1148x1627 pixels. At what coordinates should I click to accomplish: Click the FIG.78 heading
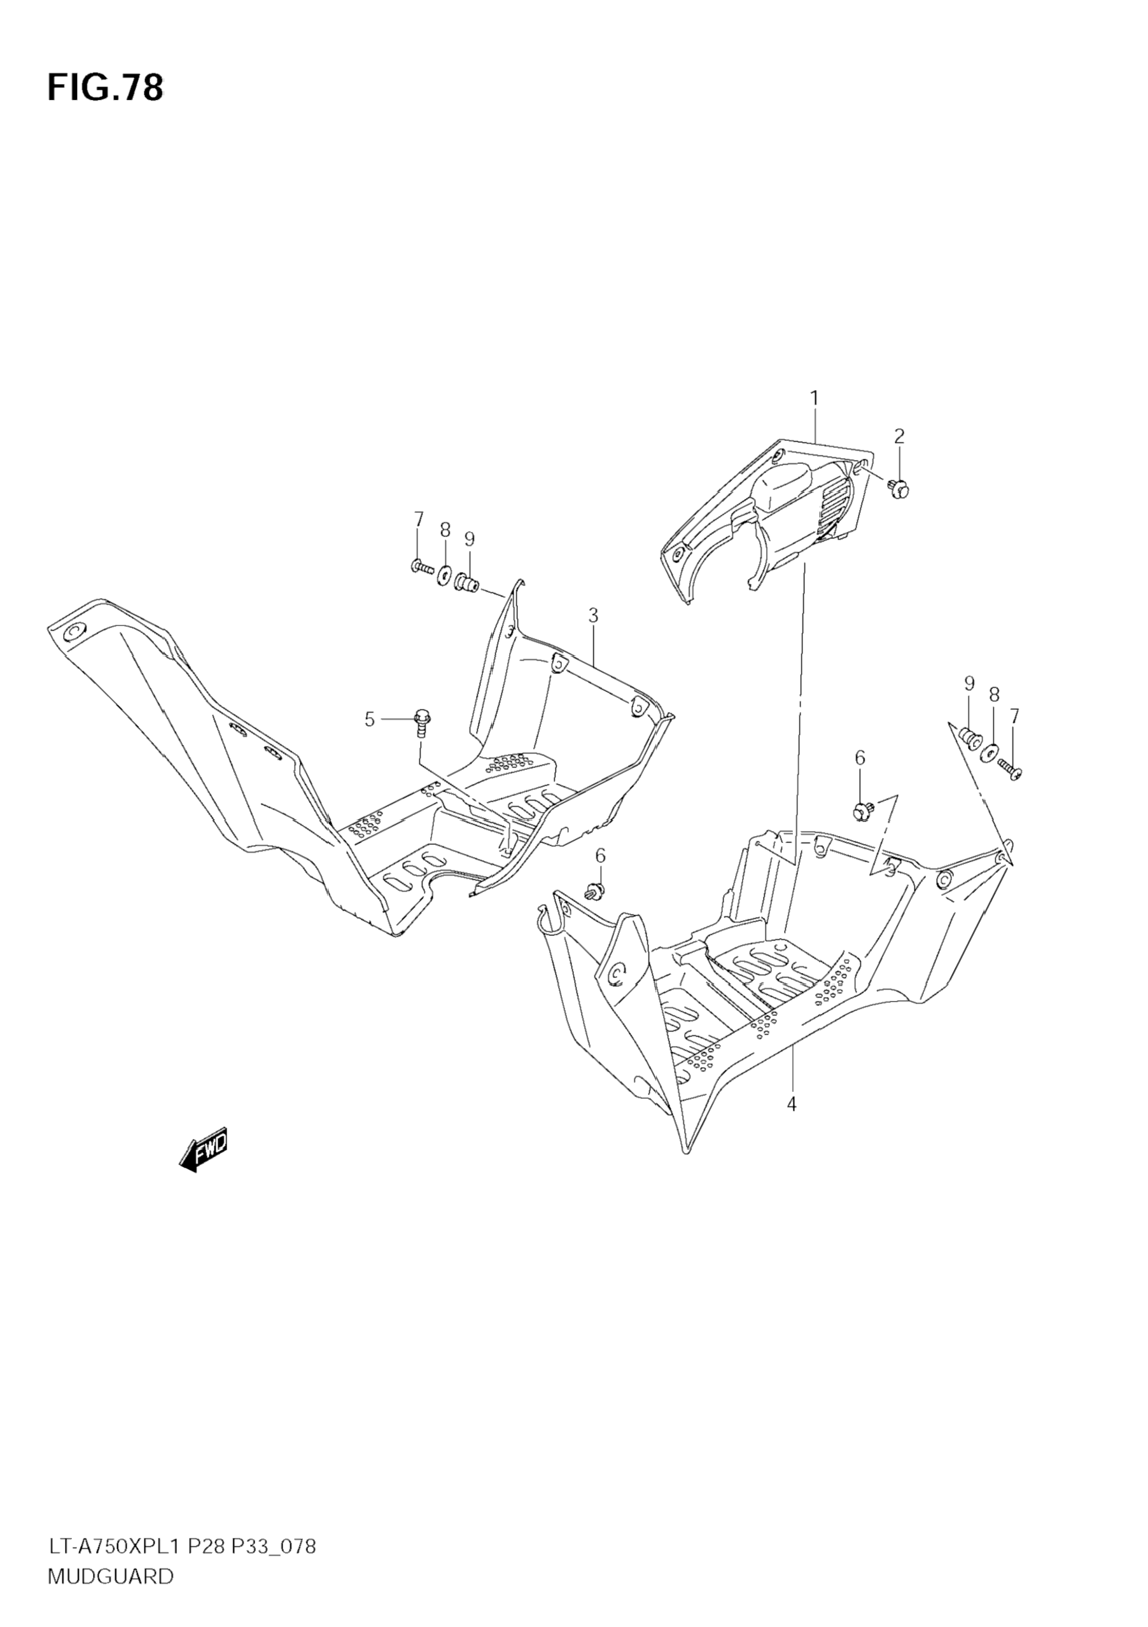click(105, 88)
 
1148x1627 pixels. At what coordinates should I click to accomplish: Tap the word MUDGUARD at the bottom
click(110, 1591)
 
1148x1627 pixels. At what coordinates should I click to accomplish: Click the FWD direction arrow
click(204, 1150)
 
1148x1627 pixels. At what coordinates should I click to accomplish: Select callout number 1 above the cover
click(815, 398)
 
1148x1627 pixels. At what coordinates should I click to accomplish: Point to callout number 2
click(899, 436)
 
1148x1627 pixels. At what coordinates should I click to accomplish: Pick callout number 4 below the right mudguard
click(792, 1104)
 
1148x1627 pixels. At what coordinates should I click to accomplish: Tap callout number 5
click(369, 720)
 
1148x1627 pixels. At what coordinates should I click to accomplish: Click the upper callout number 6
click(860, 758)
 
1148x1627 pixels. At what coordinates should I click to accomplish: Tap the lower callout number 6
click(600, 856)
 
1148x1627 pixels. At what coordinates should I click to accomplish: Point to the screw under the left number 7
click(422, 566)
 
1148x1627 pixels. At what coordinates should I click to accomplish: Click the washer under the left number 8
click(445, 573)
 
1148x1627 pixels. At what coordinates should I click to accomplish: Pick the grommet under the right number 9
click(969, 737)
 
